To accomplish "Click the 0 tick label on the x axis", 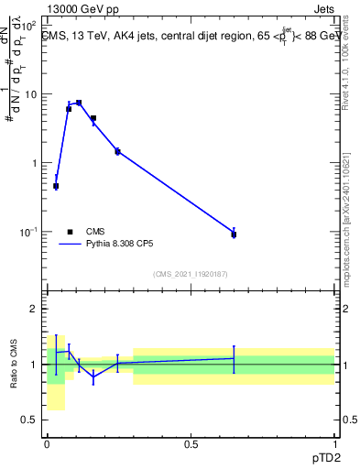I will (47, 443).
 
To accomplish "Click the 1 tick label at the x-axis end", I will (334, 443).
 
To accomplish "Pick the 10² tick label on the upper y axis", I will (31, 26).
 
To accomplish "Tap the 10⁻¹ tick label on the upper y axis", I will (31, 232).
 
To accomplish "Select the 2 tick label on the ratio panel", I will (34, 309).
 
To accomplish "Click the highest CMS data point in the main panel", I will (79, 103).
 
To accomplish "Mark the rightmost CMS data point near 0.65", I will (234, 234).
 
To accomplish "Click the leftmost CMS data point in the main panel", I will (56, 186).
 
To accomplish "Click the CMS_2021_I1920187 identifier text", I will (190, 273).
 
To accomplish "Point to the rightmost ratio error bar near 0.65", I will (234, 359).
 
